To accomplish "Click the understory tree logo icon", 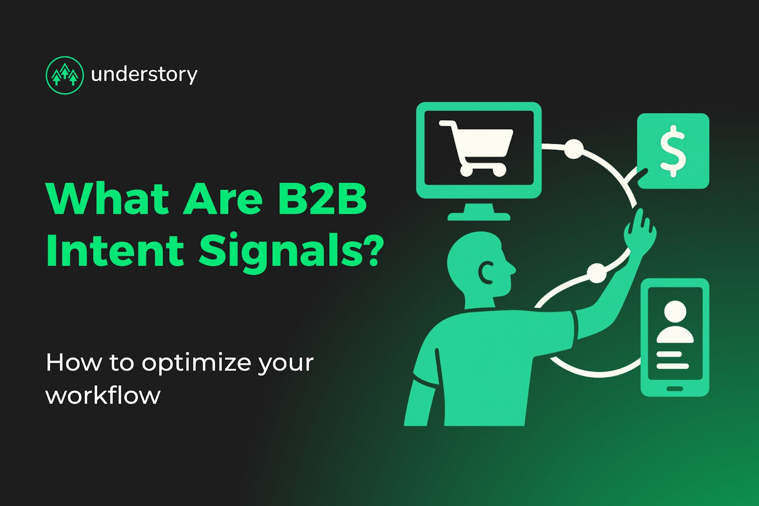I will click(65, 75).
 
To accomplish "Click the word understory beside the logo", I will click(144, 75).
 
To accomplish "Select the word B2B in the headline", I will click(322, 198).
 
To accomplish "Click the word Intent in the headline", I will click(115, 251).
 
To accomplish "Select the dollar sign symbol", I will click(673, 150).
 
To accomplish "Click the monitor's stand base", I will click(479, 216).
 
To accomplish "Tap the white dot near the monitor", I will click(574, 149).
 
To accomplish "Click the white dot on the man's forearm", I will click(597, 273).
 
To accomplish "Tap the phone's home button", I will click(675, 389).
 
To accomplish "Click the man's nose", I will click(512, 269).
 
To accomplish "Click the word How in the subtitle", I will click(74, 363).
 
